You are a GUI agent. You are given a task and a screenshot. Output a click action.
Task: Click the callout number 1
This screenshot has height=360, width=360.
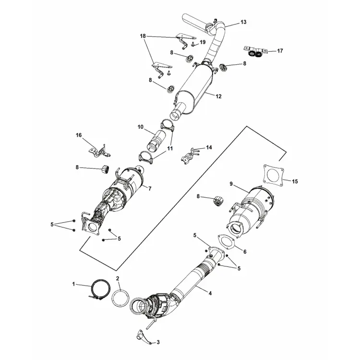tap(74, 285)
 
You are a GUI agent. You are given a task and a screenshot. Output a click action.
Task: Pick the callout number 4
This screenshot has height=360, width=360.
tap(210, 291)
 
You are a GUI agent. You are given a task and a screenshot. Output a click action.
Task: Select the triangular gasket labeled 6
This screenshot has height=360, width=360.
tap(226, 242)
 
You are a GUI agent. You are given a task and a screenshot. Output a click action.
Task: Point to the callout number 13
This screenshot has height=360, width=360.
tap(243, 22)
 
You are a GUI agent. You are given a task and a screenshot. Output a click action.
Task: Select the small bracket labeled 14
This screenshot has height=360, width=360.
tap(190, 155)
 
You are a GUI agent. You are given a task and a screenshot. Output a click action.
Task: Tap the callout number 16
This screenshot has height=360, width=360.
tap(79, 136)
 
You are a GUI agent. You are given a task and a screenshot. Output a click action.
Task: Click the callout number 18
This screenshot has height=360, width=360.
tap(143, 36)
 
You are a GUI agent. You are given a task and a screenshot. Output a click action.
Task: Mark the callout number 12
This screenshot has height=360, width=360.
tap(218, 96)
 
